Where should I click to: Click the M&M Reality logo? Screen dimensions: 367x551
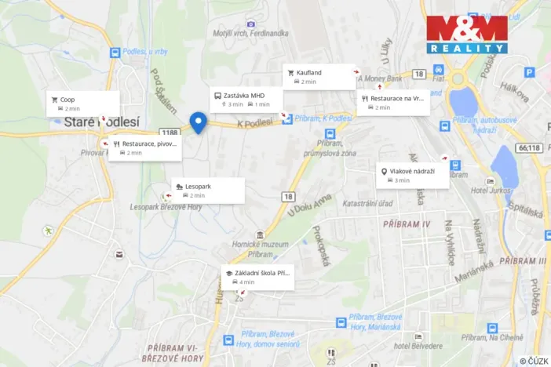click(466, 35)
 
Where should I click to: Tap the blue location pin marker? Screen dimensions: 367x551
click(198, 123)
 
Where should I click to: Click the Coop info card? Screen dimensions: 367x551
click(82, 104)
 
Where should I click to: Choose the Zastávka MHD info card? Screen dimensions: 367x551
click(246, 99)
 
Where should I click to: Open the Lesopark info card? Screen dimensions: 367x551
click(208, 190)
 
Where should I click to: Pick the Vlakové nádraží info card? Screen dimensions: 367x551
click(412, 175)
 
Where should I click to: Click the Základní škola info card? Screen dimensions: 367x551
click(257, 277)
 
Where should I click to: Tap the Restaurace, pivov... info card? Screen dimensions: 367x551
click(146, 147)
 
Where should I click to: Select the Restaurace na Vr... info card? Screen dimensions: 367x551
click(393, 103)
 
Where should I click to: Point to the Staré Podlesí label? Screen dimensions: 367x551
click(90, 122)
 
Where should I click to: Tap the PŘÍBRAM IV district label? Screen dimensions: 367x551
click(407, 224)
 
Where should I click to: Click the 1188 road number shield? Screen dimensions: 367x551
click(168, 133)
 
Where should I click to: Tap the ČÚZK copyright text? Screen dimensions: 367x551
click(534, 361)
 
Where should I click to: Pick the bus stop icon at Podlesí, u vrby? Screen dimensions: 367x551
click(115, 53)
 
